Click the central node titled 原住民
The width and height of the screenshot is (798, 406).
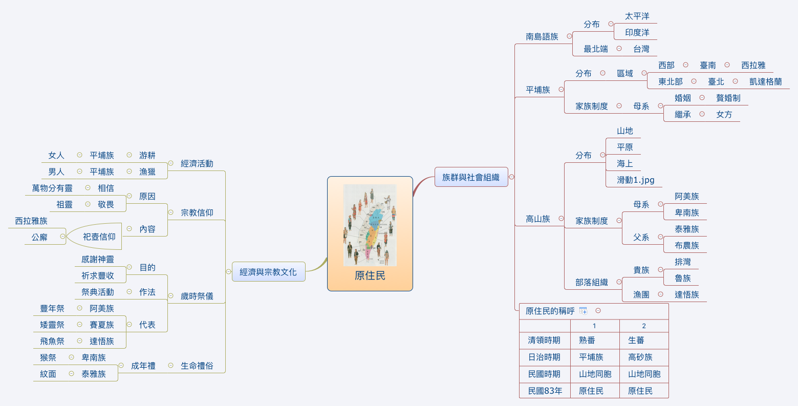[x=370, y=276]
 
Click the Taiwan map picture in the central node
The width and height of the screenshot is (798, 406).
[x=370, y=225]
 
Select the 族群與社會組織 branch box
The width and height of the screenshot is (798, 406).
[x=470, y=177]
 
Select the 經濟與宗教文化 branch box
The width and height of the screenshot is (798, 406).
[x=268, y=272]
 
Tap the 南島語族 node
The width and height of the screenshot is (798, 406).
[x=542, y=37]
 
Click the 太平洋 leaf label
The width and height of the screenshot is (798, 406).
[x=637, y=16]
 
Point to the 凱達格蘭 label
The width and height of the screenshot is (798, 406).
[x=765, y=81]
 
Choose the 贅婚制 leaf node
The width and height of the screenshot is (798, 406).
[x=728, y=98]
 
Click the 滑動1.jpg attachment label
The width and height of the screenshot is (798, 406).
[x=635, y=180]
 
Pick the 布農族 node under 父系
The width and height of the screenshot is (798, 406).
[x=686, y=245]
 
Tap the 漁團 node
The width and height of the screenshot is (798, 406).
[x=641, y=294]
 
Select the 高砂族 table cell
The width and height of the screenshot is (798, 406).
[x=640, y=357]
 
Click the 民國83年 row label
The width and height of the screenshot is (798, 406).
[x=545, y=391]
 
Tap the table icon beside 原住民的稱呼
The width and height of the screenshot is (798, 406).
[x=583, y=311]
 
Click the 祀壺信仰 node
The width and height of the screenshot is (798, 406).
[x=99, y=237]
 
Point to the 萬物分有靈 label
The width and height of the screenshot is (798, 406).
[x=52, y=188]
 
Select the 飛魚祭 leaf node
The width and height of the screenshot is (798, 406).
[x=52, y=341]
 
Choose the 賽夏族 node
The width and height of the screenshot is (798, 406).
[x=101, y=325]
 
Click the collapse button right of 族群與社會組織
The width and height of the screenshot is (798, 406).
[x=511, y=177]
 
